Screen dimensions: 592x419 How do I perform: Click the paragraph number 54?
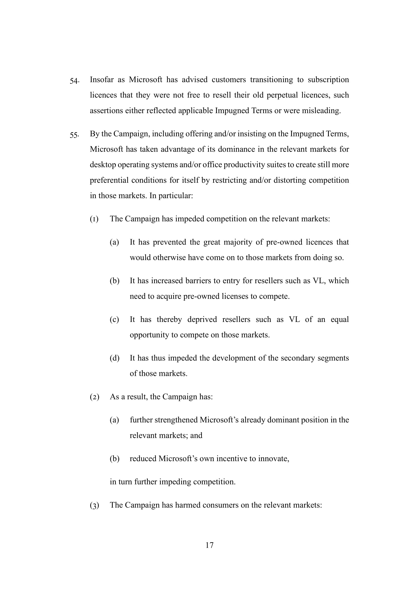(x=74, y=81)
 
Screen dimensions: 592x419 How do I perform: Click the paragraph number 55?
(x=74, y=135)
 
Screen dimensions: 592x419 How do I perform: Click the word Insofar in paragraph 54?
(x=101, y=80)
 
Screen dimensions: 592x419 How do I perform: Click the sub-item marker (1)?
(x=94, y=219)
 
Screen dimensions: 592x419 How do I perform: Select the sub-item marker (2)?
(x=95, y=397)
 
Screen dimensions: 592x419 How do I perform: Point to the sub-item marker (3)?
(x=95, y=505)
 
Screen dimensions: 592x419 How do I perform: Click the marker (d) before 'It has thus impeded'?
(x=114, y=358)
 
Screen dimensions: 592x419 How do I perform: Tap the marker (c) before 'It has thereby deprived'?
(x=114, y=319)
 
